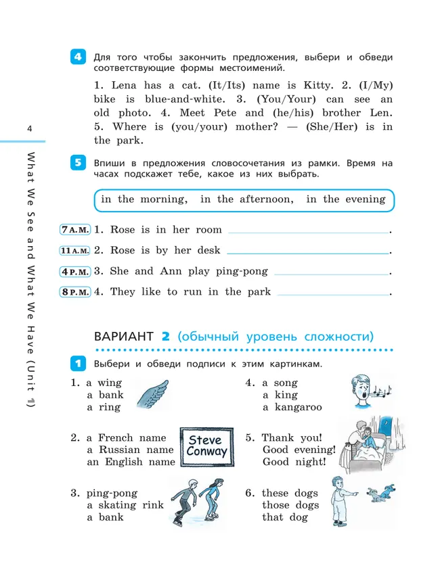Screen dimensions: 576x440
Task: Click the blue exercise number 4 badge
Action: click(x=78, y=57)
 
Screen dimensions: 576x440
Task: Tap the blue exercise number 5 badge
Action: click(x=78, y=163)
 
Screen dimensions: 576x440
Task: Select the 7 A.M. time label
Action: click(x=74, y=230)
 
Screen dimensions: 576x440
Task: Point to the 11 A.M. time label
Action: click(x=74, y=251)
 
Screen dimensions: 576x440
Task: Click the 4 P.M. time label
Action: click(x=74, y=272)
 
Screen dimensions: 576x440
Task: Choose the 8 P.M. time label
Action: click(x=74, y=292)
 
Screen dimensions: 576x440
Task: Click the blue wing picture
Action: click(x=152, y=395)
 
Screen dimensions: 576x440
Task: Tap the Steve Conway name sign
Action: click(x=206, y=447)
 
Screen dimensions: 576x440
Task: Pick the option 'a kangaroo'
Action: click(x=292, y=407)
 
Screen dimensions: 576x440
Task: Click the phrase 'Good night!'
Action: click(x=294, y=462)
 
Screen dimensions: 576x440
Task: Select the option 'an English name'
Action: click(x=131, y=462)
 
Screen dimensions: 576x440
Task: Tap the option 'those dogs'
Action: click(x=290, y=505)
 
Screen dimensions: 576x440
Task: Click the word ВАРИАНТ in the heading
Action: click(x=124, y=336)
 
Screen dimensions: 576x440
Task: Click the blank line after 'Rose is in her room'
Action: click(x=309, y=231)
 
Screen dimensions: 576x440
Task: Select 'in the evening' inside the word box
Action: click(x=345, y=199)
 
